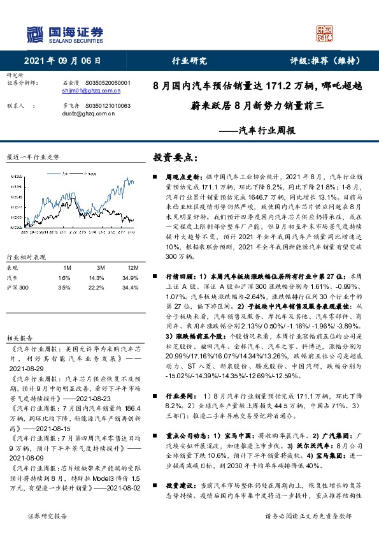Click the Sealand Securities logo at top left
click(x=64, y=33)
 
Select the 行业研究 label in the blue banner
click(x=190, y=61)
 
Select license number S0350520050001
click(x=107, y=83)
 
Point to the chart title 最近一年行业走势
click(x=32, y=156)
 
